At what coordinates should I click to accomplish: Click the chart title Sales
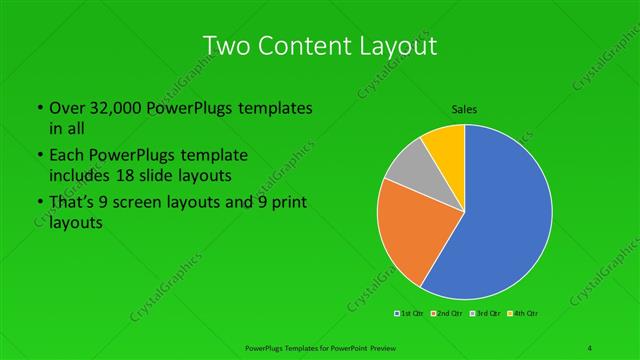pos(464,109)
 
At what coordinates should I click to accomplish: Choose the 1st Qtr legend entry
pos(410,313)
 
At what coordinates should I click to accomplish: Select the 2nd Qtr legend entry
pos(447,313)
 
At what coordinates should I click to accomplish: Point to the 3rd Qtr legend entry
pos(485,313)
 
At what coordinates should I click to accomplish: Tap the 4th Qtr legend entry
pos(524,313)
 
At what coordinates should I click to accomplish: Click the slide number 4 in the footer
pos(591,346)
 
